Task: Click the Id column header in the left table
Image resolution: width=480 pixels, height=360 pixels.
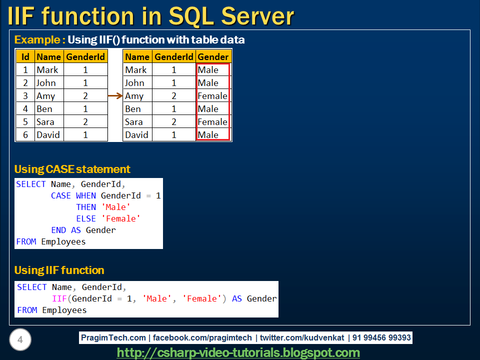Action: click(x=25, y=56)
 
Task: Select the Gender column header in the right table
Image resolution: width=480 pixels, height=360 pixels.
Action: click(x=213, y=56)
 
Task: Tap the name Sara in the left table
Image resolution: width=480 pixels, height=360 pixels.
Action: click(x=45, y=122)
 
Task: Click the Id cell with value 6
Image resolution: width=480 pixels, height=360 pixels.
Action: click(x=25, y=134)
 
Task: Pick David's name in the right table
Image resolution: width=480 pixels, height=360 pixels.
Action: click(x=136, y=134)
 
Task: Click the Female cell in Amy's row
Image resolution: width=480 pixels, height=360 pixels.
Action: click(x=212, y=96)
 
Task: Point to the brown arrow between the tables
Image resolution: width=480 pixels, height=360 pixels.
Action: click(x=115, y=96)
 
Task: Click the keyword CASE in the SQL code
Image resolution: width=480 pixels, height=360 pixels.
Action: click(x=60, y=195)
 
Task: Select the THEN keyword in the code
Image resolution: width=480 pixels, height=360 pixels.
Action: click(x=86, y=207)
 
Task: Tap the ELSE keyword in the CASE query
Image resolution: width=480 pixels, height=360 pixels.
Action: click(x=86, y=218)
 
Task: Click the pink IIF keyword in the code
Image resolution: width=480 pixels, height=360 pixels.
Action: click(x=59, y=298)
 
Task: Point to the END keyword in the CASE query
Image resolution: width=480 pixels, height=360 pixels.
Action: click(x=58, y=230)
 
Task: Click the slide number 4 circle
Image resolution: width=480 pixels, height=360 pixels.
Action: click(x=20, y=339)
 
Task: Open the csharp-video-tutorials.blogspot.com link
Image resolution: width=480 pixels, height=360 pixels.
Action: click(x=238, y=352)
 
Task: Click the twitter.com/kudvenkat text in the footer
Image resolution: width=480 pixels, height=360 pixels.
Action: click(x=302, y=337)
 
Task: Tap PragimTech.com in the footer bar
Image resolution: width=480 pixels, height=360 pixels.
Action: click(x=113, y=337)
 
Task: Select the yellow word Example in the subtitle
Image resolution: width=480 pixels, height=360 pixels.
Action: click(x=37, y=40)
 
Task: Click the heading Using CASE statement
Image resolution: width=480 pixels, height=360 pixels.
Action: click(x=72, y=169)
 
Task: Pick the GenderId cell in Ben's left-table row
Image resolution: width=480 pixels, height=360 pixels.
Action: click(x=85, y=108)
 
